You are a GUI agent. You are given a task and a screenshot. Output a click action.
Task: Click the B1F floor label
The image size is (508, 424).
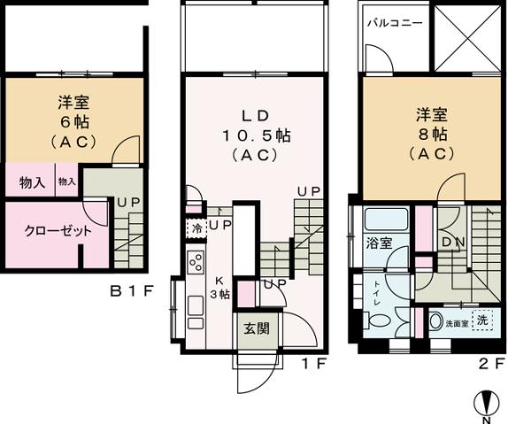(x=132, y=289)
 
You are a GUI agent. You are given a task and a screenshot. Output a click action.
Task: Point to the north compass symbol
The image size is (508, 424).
(x=486, y=403)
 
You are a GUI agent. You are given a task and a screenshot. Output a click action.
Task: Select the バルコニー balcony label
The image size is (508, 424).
(x=394, y=22)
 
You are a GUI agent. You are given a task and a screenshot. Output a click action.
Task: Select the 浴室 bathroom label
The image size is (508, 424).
(x=379, y=243)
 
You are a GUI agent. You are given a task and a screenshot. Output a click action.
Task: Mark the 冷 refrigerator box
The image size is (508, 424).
(x=194, y=227)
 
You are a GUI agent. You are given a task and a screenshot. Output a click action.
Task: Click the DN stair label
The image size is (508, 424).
(x=450, y=241)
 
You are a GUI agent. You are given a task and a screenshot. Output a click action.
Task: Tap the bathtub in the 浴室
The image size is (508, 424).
(x=386, y=220)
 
